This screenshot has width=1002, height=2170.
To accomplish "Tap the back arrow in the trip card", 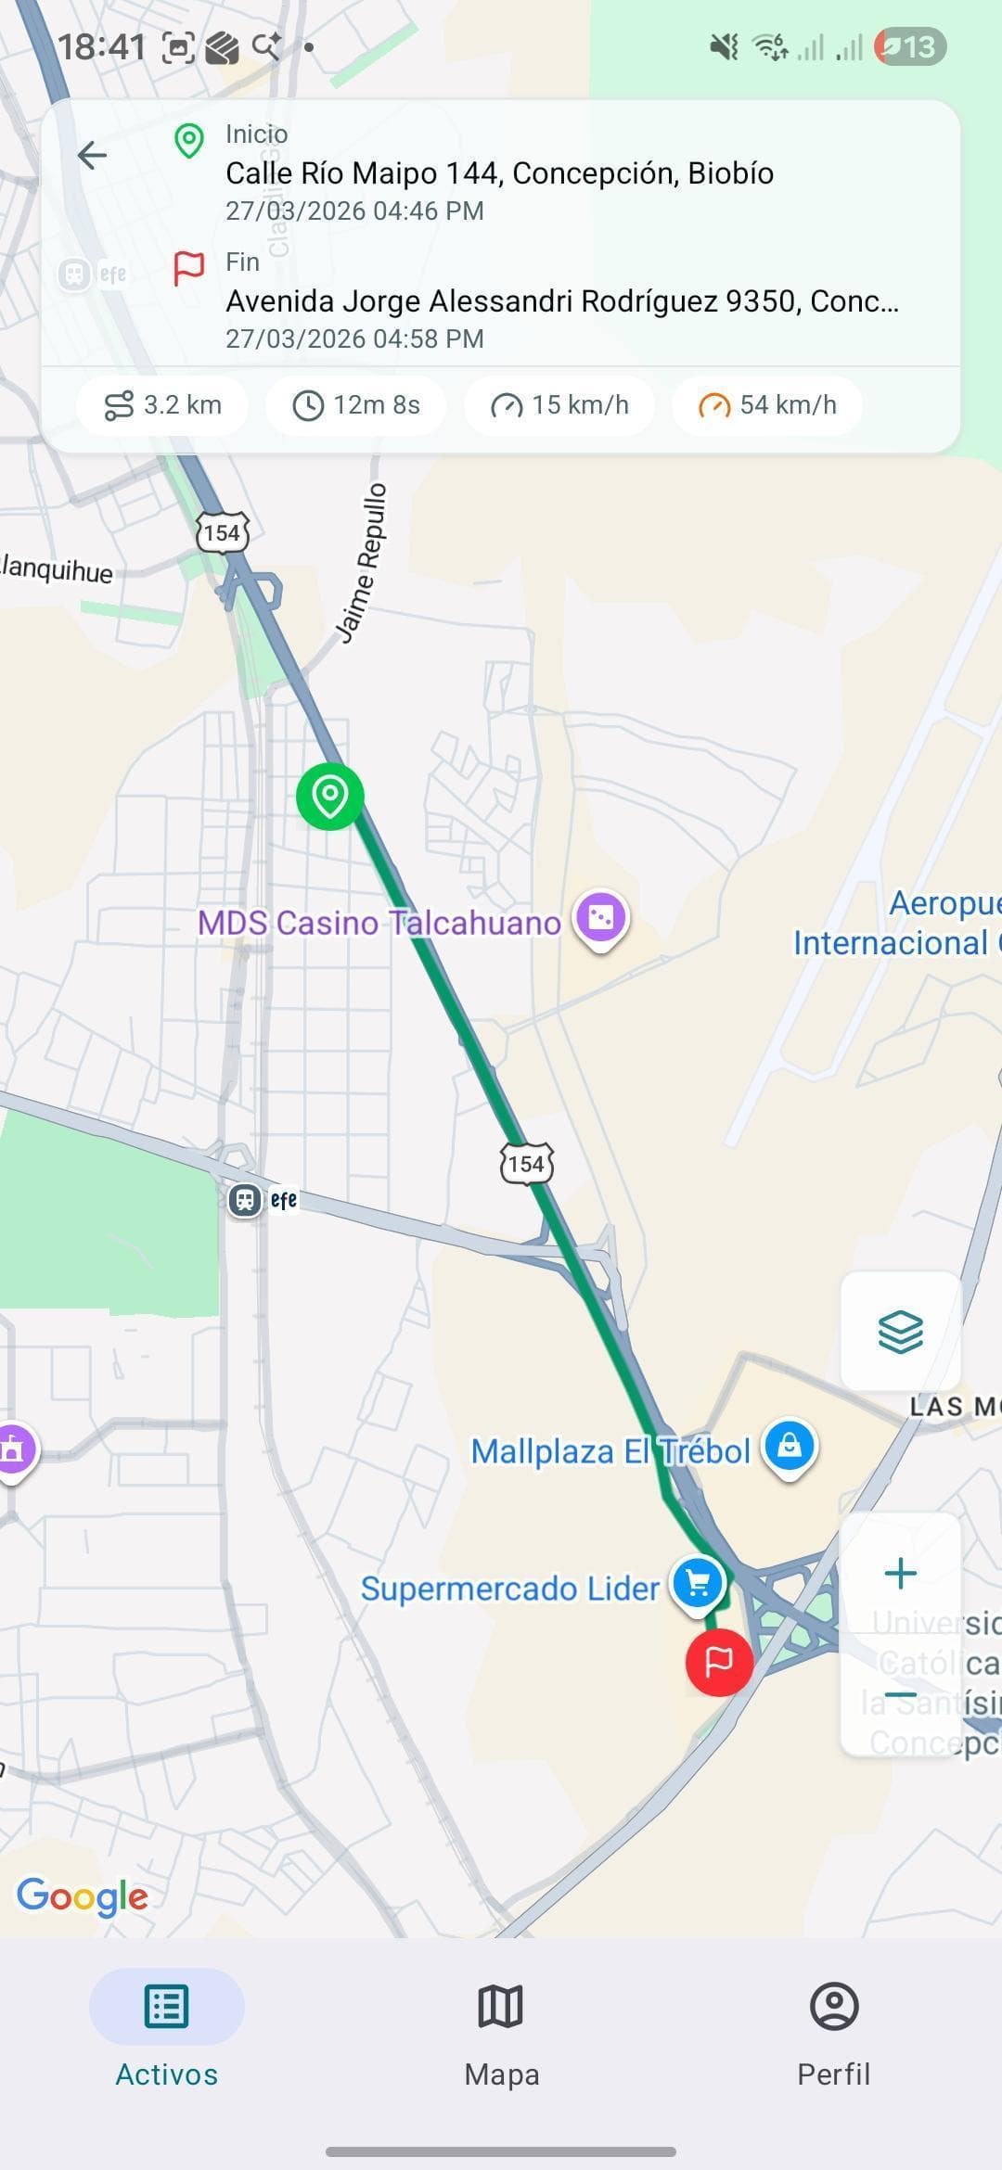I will tap(93, 155).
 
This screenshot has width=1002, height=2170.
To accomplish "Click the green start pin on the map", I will tap(329, 796).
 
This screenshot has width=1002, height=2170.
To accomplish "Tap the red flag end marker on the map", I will tap(719, 1662).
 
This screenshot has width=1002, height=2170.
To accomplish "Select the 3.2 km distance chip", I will tap(162, 405).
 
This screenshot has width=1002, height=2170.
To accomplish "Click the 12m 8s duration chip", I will tap(356, 405).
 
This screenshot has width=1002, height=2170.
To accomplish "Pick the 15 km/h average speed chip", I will tap(559, 405).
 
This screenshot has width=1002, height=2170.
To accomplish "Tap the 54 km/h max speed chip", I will tap(767, 405).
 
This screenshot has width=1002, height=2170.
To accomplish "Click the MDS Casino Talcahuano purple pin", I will tap(601, 918).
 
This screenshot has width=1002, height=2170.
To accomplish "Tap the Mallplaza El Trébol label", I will tap(610, 1451).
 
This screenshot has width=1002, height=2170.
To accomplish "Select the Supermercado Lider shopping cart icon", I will tap(698, 1584).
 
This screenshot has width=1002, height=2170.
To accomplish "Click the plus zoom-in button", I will tap(900, 1573).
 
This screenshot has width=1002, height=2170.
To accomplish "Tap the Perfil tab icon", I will tap(834, 2006).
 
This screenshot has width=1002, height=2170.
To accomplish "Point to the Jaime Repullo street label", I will tap(363, 563).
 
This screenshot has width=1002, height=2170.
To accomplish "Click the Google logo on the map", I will tap(83, 1896).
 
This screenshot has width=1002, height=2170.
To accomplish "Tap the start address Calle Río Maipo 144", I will tap(499, 173).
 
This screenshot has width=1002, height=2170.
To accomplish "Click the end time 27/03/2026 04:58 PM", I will tap(354, 338).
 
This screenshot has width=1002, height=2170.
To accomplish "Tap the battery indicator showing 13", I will tap(909, 46).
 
